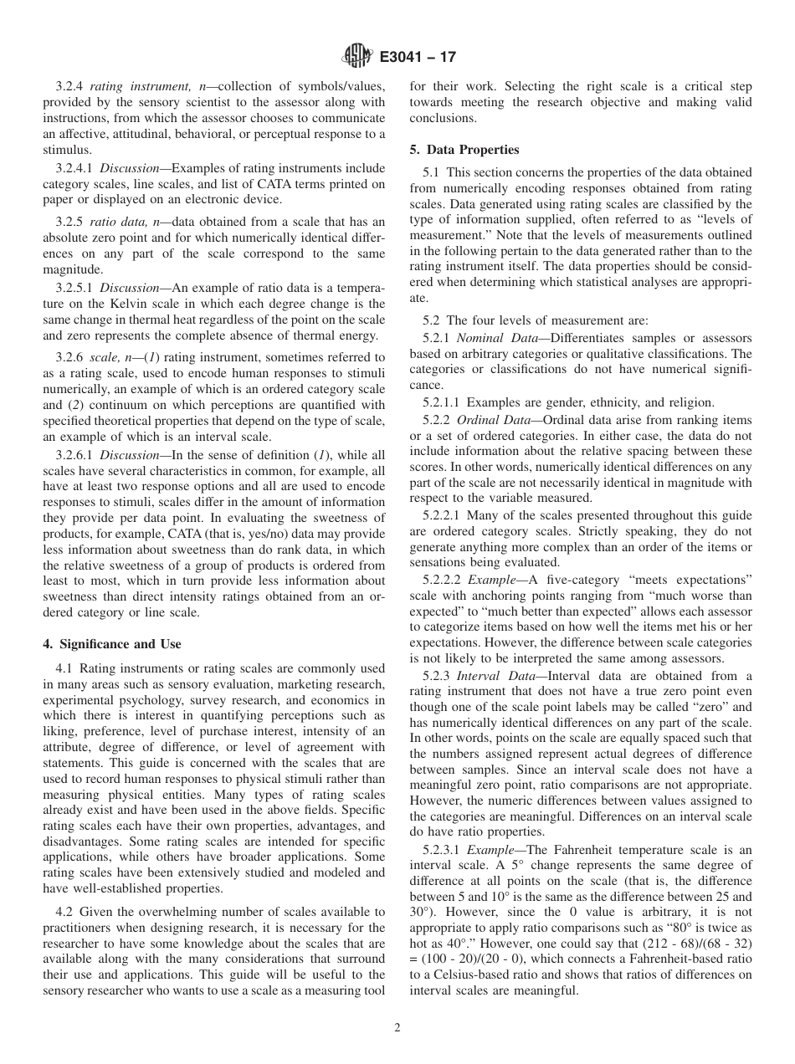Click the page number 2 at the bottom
(x=397, y=1028)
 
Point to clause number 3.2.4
(x=70, y=86)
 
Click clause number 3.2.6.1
(x=75, y=455)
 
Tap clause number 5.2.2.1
(x=443, y=515)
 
